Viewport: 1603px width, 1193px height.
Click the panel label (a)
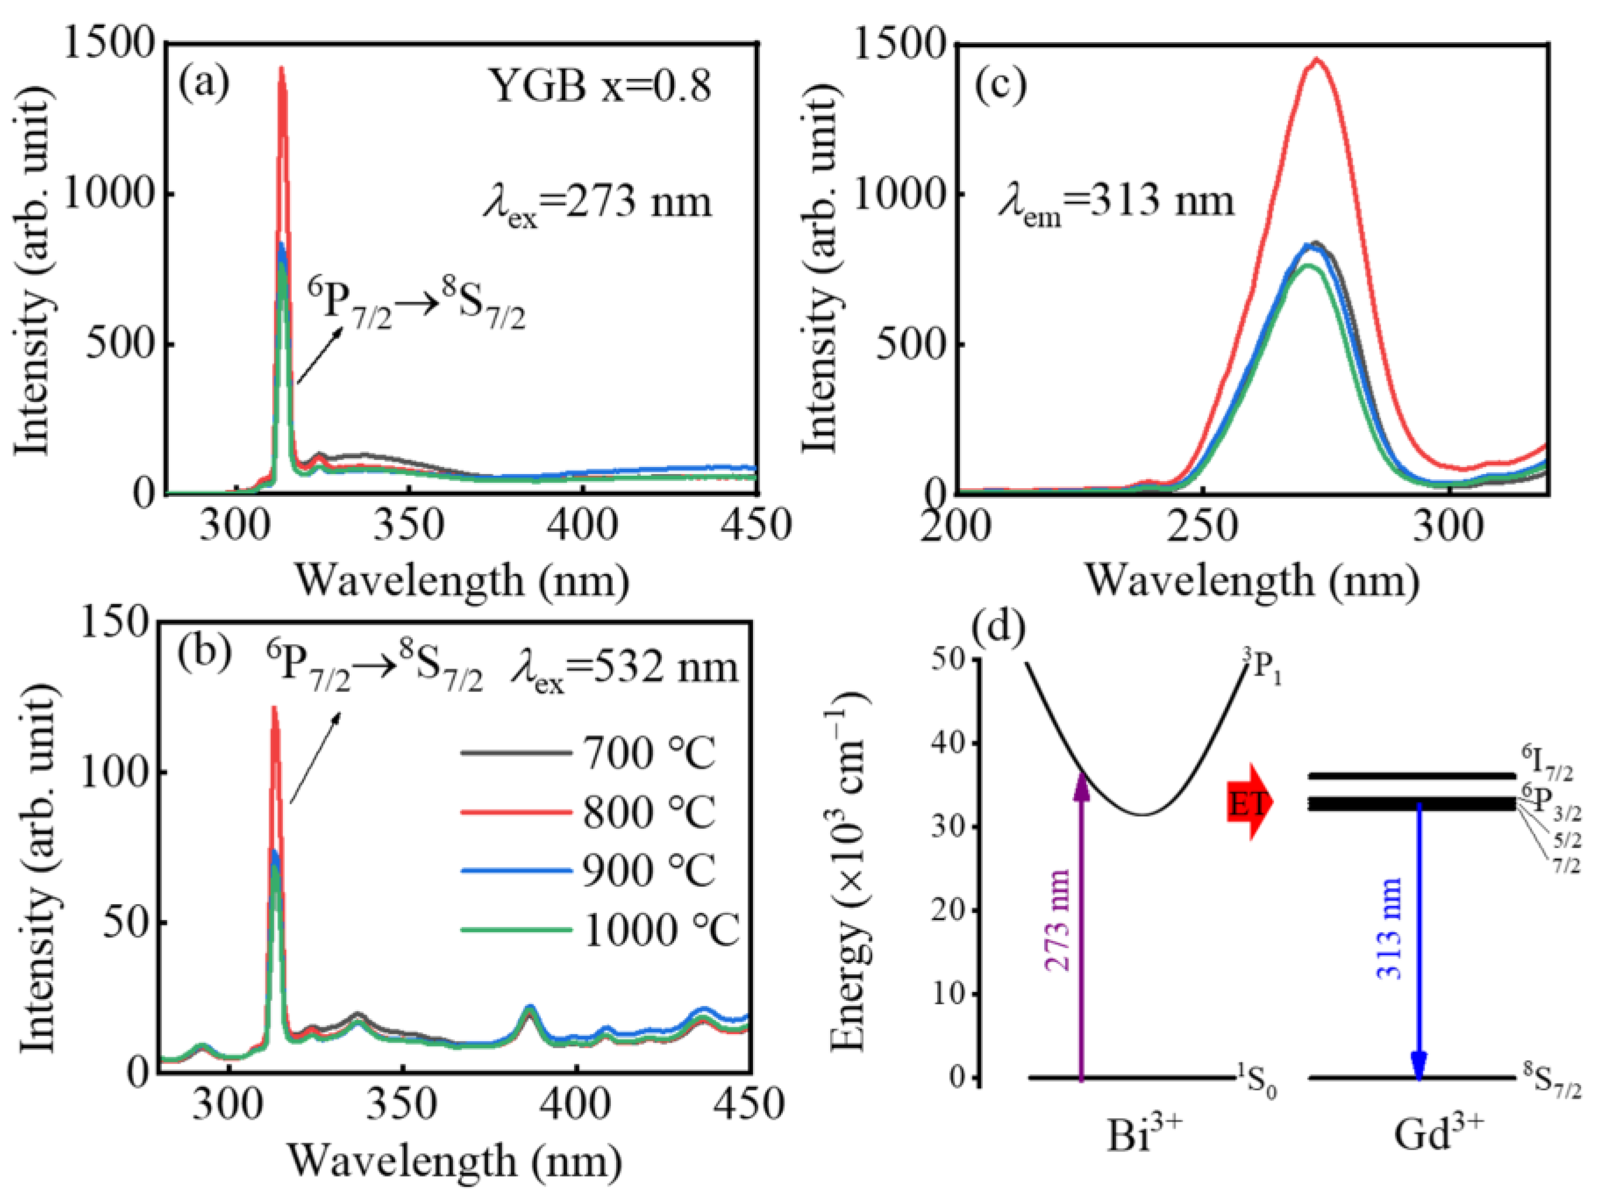coord(205,83)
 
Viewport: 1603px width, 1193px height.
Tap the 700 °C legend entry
coord(589,753)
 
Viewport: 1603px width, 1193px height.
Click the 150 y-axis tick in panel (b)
coord(119,623)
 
